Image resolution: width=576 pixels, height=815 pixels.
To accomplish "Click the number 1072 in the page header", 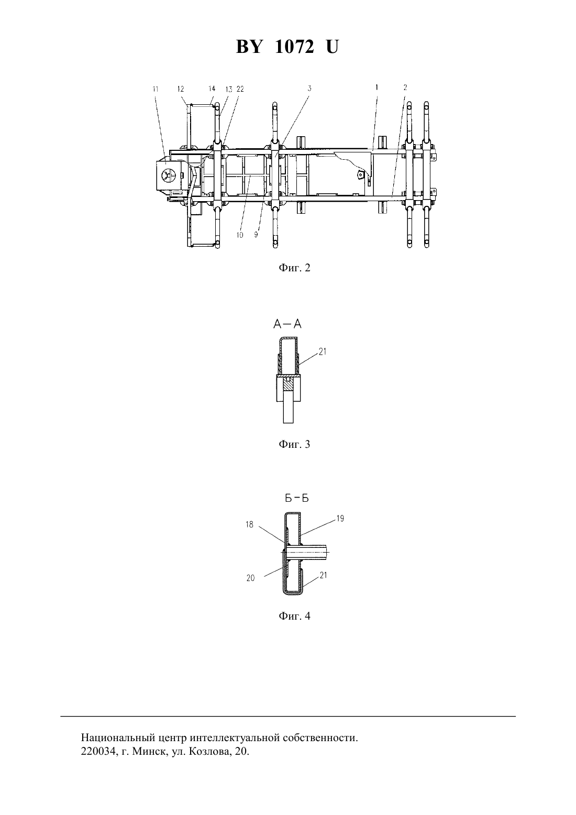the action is (294, 47).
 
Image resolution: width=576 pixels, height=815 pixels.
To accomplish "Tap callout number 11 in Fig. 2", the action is (156, 89).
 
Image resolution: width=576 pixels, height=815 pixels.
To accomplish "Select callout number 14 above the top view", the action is (212, 89).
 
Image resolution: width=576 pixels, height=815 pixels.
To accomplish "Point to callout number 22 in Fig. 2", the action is (240, 89).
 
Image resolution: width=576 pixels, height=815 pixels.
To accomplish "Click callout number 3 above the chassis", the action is (309, 88).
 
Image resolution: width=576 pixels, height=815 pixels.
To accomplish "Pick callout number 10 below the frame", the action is (239, 235).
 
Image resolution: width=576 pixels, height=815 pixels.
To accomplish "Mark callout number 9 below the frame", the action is (256, 235).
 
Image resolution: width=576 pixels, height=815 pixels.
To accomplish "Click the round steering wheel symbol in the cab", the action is (167, 176).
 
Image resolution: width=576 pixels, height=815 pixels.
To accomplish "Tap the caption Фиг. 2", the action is (294, 268).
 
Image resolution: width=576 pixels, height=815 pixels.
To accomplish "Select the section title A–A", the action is (287, 324).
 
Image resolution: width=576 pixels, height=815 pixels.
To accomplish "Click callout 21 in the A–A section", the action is (322, 352).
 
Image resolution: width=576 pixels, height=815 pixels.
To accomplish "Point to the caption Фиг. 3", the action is (294, 444).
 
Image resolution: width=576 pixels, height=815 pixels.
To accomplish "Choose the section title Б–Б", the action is (296, 498).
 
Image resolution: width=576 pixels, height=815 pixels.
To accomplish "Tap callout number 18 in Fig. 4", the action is (249, 525).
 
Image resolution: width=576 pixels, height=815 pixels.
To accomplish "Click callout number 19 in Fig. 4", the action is (340, 519).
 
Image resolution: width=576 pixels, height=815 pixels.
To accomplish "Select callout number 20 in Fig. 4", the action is (250, 578).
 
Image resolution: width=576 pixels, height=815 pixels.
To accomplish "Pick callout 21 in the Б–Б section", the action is (323, 575).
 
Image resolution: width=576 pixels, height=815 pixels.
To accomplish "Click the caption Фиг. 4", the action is (294, 616).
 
